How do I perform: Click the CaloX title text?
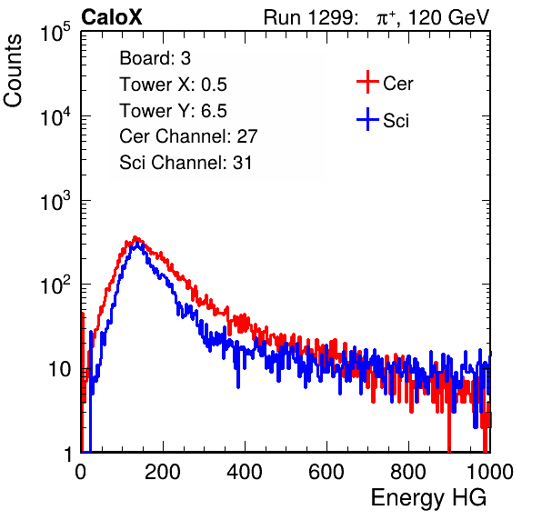pos(112,17)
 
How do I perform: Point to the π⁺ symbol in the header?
pos(386,18)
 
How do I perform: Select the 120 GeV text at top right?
pos(449,17)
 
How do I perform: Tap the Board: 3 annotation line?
pos(156,58)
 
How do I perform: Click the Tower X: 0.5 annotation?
pos(173,85)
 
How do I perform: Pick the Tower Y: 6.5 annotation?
pos(173,111)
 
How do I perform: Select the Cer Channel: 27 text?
pos(188,136)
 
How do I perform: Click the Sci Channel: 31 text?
pos(186,163)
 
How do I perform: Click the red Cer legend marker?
pos(367,82)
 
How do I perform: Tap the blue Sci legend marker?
pos(367,120)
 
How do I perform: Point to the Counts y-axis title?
pos(13,71)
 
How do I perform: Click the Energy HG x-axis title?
pos(429,498)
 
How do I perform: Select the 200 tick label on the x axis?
pos(163,472)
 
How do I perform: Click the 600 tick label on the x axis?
pos(326,472)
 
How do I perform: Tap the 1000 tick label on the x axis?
pos(490,472)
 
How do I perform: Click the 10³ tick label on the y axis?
pos(55,201)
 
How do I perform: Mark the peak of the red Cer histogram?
pos(135,237)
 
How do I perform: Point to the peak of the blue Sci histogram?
pos(137,244)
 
